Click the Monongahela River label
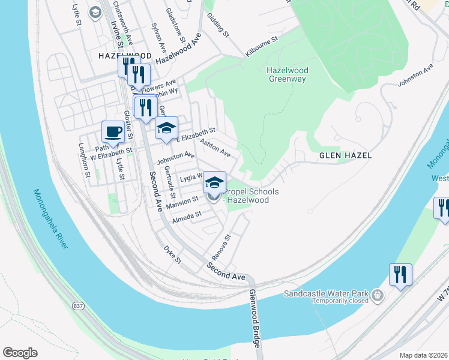pos(52,219)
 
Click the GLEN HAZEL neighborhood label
pos(345,155)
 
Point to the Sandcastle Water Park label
pos(326,295)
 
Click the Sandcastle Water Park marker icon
pos(376,295)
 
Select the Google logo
pos(20,353)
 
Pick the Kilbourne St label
pos(262,47)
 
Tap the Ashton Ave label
pos(215,149)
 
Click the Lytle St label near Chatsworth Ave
pos(77,15)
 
